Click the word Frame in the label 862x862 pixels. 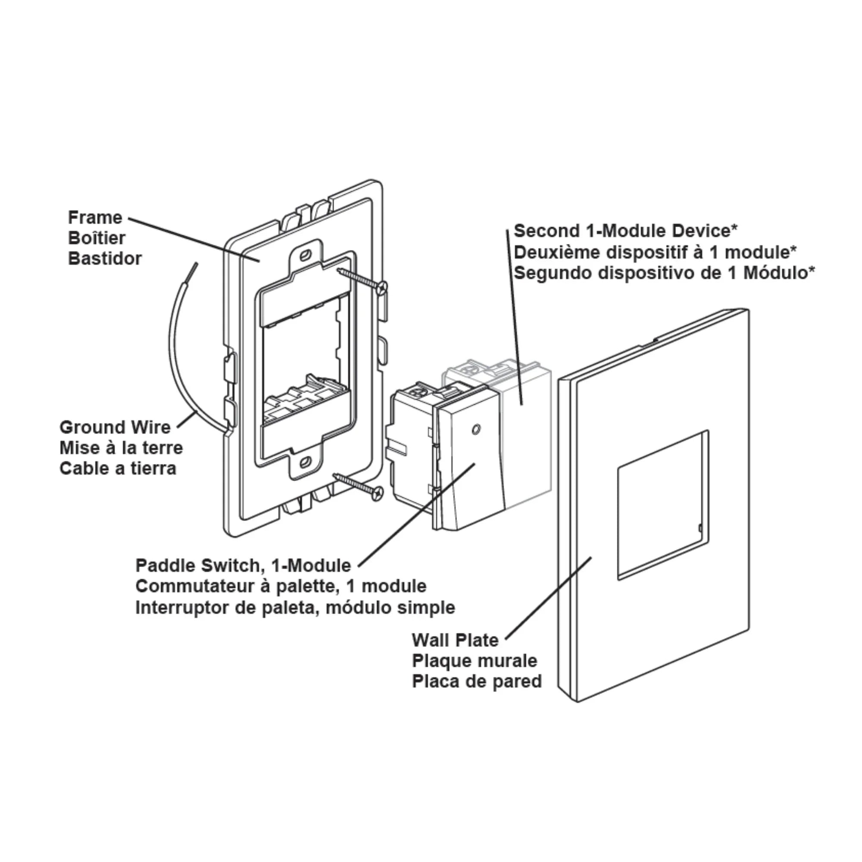[95, 218]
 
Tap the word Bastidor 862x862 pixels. [105, 259]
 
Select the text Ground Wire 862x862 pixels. [115, 428]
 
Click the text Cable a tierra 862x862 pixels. [118, 468]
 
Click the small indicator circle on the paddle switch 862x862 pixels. [476, 430]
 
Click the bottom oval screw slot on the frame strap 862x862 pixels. [306, 462]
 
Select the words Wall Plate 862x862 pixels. [455, 640]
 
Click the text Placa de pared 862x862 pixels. [477, 681]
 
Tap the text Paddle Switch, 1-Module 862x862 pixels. [243, 566]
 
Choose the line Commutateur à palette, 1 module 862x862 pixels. [281, 586]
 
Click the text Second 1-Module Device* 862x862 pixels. [625, 231]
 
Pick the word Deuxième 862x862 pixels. [553, 253]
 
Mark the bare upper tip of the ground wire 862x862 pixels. [193, 270]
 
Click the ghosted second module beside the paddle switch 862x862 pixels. [527, 428]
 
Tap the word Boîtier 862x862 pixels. [97, 238]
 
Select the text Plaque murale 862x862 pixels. [475, 661]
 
